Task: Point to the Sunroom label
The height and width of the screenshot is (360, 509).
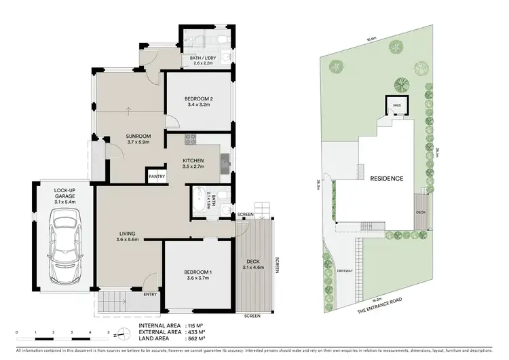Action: [138, 139]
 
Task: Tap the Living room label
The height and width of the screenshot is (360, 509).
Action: [127, 236]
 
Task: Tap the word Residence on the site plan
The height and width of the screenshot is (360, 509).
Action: [386, 179]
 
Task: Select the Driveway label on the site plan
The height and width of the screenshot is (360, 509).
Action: [345, 270]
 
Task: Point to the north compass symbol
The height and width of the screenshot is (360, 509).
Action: [119, 334]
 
